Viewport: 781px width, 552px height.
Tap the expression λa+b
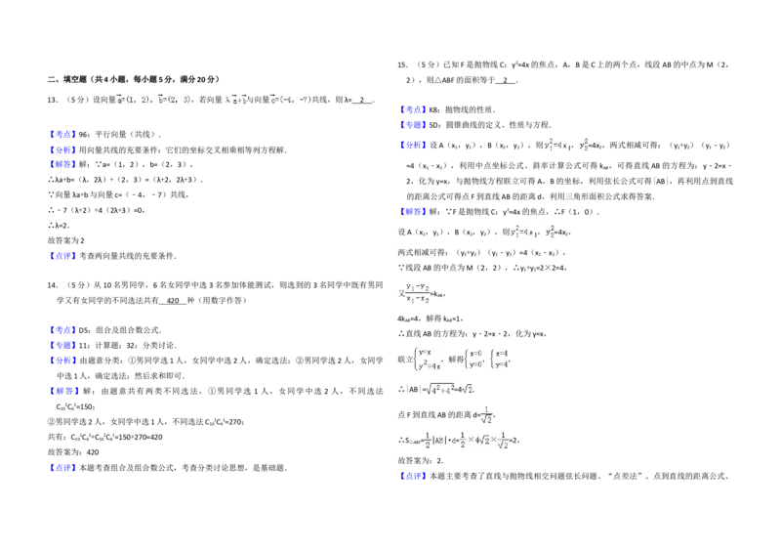tap(235, 99)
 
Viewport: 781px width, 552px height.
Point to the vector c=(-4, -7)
tap(290, 99)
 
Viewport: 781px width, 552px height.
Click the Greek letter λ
tap(227, 99)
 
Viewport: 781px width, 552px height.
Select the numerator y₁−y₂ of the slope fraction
tap(418, 286)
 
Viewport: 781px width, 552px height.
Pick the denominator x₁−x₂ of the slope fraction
tap(418, 299)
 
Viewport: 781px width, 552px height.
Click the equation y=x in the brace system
tap(425, 353)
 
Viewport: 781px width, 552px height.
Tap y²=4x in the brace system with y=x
tap(430, 366)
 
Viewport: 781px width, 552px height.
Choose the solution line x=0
tap(477, 353)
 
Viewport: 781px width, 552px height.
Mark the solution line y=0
tap(477, 365)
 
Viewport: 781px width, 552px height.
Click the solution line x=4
tap(502, 353)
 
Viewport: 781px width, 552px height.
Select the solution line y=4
tap(502, 365)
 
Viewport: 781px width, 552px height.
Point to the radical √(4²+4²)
tap(438, 390)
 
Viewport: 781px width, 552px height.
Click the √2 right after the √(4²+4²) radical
tap(468, 390)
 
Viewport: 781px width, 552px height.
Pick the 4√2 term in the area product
tap(484, 443)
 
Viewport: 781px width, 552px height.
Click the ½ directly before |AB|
tap(427, 442)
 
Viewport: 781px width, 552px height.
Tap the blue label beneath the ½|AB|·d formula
tap(413, 477)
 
